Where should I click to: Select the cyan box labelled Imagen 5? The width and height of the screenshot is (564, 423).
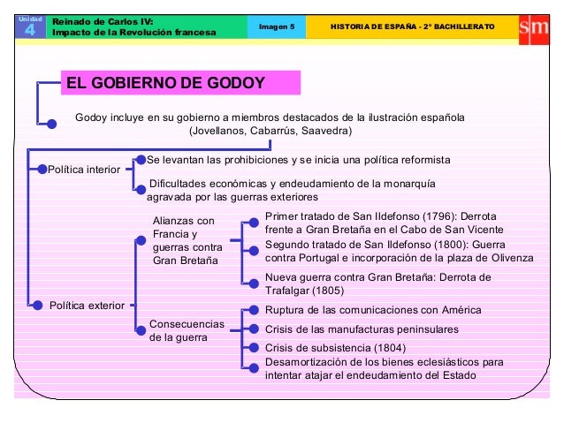276,26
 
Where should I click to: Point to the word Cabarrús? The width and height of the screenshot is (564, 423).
271,131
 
